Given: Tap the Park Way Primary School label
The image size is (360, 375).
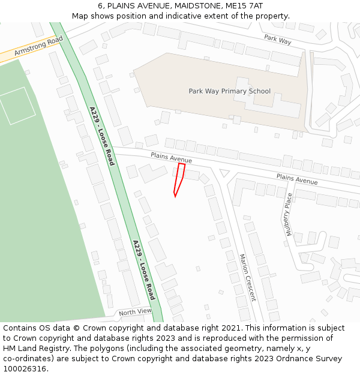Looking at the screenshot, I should [229, 91].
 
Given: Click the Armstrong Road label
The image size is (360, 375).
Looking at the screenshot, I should [38, 46].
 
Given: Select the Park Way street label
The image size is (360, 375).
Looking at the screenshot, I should [277, 39].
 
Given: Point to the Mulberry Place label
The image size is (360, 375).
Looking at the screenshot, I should [289, 214].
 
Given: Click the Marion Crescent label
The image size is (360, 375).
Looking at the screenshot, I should [247, 277].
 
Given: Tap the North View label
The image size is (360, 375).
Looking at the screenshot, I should [135, 312].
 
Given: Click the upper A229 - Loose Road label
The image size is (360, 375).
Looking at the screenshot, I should [101, 128].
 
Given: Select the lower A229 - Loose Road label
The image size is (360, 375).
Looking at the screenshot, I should [144, 270].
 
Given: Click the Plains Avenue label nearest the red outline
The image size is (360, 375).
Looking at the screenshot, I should [172, 158].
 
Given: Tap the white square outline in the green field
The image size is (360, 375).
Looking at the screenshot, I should [18, 106].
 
